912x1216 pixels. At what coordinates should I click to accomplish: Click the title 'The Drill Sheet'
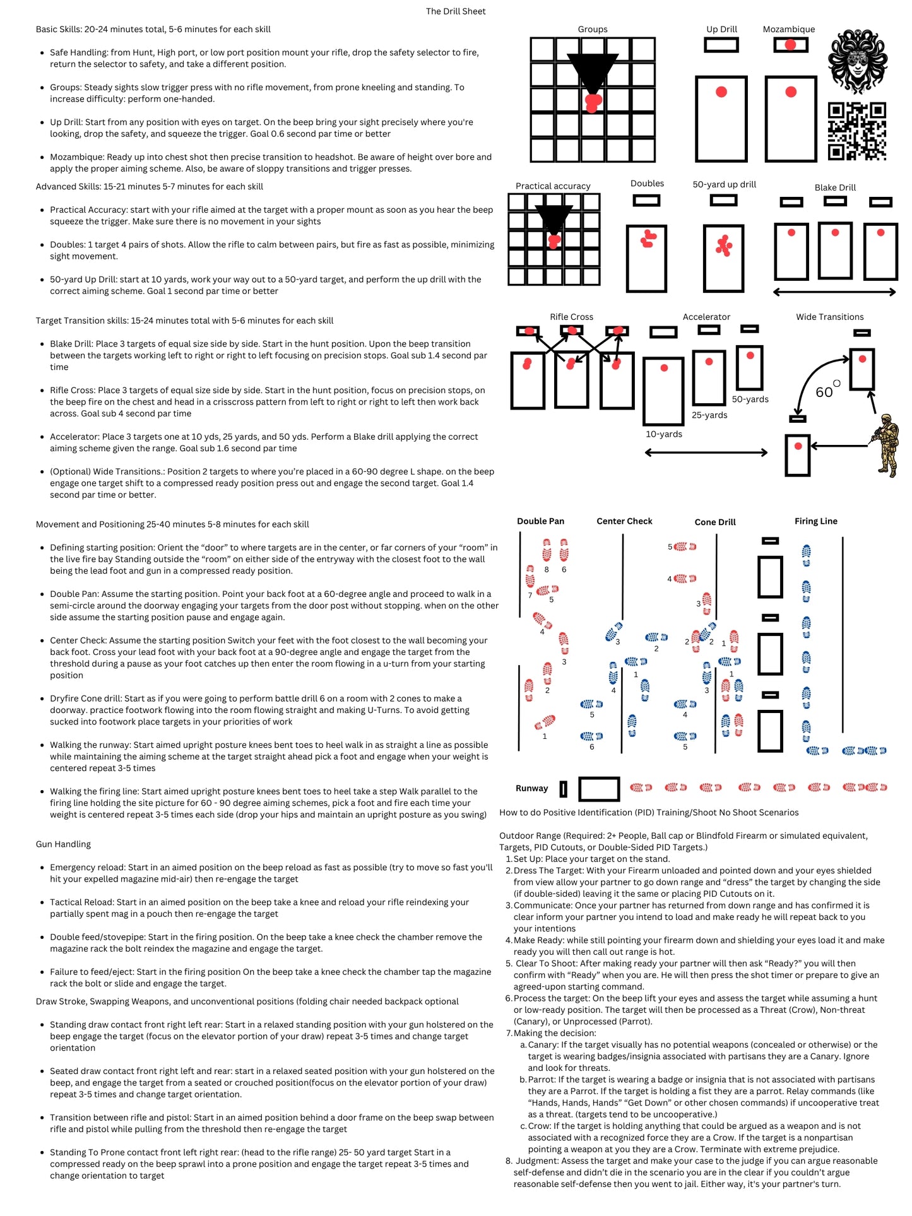coord(456,11)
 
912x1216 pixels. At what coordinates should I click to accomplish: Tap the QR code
coord(857,131)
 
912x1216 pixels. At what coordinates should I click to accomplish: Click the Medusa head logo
coord(857,62)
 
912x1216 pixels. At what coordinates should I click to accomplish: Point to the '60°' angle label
coord(827,391)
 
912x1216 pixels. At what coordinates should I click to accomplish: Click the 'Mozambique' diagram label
coord(789,29)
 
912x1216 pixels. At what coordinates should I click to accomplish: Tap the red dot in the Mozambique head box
coord(790,45)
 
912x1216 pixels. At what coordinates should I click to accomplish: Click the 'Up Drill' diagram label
coord(721,29)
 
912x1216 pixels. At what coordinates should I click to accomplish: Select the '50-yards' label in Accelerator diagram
coord(750,399)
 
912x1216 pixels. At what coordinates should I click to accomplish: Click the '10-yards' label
coord(664,434)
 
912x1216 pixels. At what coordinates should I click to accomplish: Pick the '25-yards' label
coord(709,415)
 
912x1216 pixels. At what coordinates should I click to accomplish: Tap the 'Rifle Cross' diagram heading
coord(571,317)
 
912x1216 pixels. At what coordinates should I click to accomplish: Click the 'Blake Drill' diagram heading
coord(835,187)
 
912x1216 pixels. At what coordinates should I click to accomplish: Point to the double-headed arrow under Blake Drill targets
coord(834,292)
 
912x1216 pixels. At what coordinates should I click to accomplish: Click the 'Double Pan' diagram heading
coord(540,521)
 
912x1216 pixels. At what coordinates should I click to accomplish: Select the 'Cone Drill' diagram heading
coord(715,522)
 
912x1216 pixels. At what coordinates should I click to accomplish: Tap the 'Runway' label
coord(531,788)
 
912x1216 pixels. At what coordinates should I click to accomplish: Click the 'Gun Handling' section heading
coord(63,844)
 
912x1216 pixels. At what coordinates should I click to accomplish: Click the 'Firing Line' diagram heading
coord(815,521)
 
